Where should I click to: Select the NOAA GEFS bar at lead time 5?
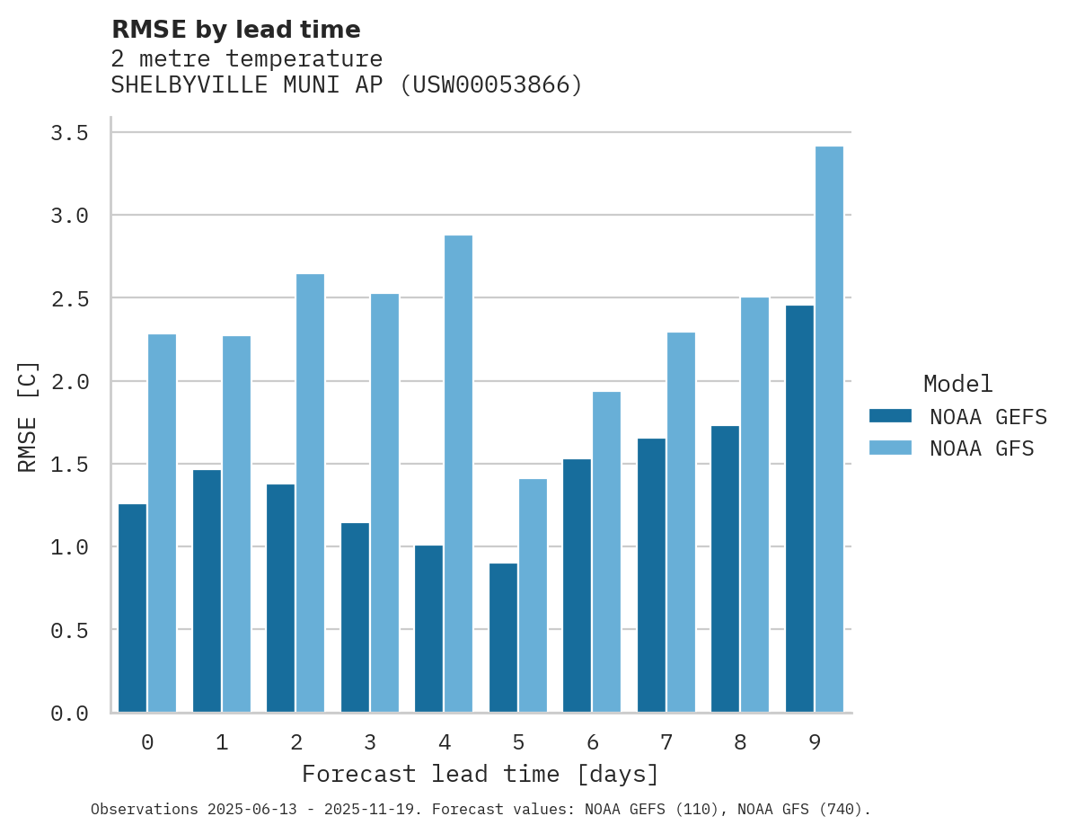(x=503, y=638)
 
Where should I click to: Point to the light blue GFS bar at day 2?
(x=310, y=493)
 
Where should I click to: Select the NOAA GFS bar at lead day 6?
(x=606, y=552)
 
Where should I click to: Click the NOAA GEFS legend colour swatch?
(x=890, y=416)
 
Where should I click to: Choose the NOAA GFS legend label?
(x=982, y=448)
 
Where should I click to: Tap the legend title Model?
(x=957, y=384)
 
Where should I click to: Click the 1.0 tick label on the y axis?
(x=69, y=547)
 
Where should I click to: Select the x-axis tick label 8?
(x=740, y=742)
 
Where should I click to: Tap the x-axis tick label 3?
(x=370, y=742)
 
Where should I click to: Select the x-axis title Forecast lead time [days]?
(x=481, y=774)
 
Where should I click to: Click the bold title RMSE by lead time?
(x=235, y=30)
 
